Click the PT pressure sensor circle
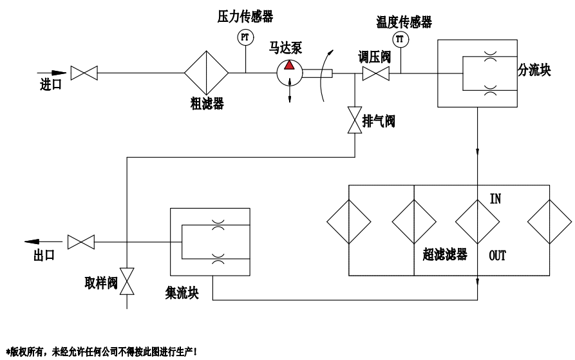pos(245,38)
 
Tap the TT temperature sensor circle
pos(400,40)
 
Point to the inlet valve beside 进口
pos(84,73)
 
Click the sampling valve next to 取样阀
pos(129,280)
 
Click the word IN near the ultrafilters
pos(496,199)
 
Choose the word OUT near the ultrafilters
pos(497,256)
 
